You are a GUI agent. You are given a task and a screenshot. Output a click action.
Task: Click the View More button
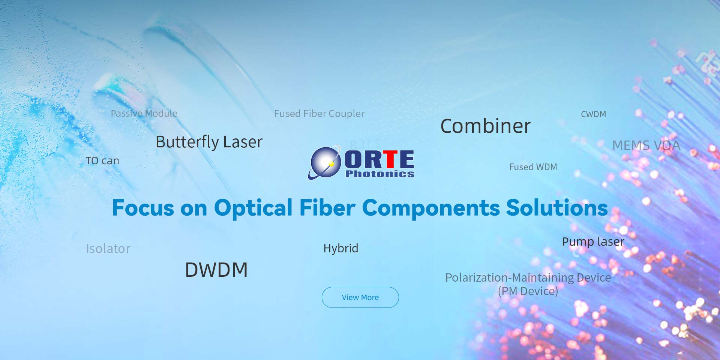[360, 297]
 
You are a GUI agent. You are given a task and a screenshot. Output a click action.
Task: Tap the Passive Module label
[144, 113]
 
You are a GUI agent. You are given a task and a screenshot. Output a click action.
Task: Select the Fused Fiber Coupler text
[319, 114]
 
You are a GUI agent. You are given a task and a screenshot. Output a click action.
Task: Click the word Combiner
[485, 126]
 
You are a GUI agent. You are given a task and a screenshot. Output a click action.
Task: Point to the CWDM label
[593, 114]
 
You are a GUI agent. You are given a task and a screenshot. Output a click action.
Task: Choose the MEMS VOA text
[646, 145]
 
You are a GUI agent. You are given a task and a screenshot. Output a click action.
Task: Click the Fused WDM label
[533, 167]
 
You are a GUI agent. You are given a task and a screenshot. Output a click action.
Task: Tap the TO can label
[102, 161]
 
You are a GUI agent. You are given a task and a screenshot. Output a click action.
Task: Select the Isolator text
[108, 249]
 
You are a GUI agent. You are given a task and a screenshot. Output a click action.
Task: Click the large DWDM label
[216, 270]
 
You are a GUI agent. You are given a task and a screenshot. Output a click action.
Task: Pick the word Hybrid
[340, 248]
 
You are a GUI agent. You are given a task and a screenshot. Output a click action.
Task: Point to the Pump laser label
[593, 242]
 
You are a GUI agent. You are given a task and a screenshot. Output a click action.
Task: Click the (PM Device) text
[528, 291]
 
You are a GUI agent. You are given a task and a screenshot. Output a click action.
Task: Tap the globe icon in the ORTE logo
[325, 163]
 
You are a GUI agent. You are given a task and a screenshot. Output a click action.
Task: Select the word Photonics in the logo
[379, 174]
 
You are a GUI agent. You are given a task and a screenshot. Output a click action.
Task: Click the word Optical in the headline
[253, 208]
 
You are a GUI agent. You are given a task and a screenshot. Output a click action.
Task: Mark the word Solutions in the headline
[557, 207]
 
